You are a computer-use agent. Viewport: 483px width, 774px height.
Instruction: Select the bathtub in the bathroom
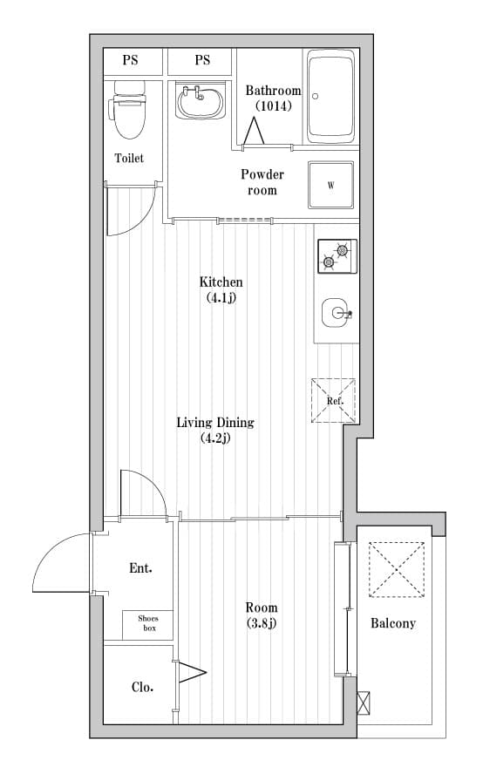pyautogui.click(x=331, y=96)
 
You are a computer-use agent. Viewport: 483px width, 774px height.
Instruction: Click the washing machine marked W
pyautogui.click(x=331, y=185)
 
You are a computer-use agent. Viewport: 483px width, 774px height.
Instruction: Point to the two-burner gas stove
pyautogui.click(x=337, y=255)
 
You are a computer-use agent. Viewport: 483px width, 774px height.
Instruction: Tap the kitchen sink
pyautogui.click(x=337, y=312)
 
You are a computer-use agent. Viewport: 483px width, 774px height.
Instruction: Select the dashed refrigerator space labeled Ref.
pyautogui.click(x=333, y=400)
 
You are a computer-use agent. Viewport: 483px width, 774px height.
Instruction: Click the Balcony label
pyautogui.click(x=393, y=623)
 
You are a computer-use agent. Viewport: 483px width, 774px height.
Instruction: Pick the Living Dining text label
pyautogui.click(x=215, y=423)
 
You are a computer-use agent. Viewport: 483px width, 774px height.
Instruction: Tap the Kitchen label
pyautogui.click(x=221, y=282)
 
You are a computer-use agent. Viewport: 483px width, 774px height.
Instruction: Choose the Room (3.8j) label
pyautogui.click(x=262, y=615)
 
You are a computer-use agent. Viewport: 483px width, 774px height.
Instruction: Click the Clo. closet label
pyautogui.click(x=142, y=687)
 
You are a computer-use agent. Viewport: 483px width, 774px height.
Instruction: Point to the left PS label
pyautogui.click(x=130, y=60)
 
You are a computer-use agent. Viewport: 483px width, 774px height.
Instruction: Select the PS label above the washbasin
pyautogui.click(x=202, y=60)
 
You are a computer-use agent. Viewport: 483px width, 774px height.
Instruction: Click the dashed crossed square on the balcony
pyautogui.click(x=397, y=570)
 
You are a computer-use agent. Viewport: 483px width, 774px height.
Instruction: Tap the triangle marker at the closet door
pyautogui.click(x=191, y=672)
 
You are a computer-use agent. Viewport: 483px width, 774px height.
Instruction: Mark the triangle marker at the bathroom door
pyautogui.click(x=254, y=131)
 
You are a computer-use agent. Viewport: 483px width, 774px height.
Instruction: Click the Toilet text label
pyautogui.click(x=129, y=158)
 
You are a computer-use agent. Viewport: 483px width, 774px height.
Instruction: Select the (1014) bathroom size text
pyautogui.click(x=273, y=105)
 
